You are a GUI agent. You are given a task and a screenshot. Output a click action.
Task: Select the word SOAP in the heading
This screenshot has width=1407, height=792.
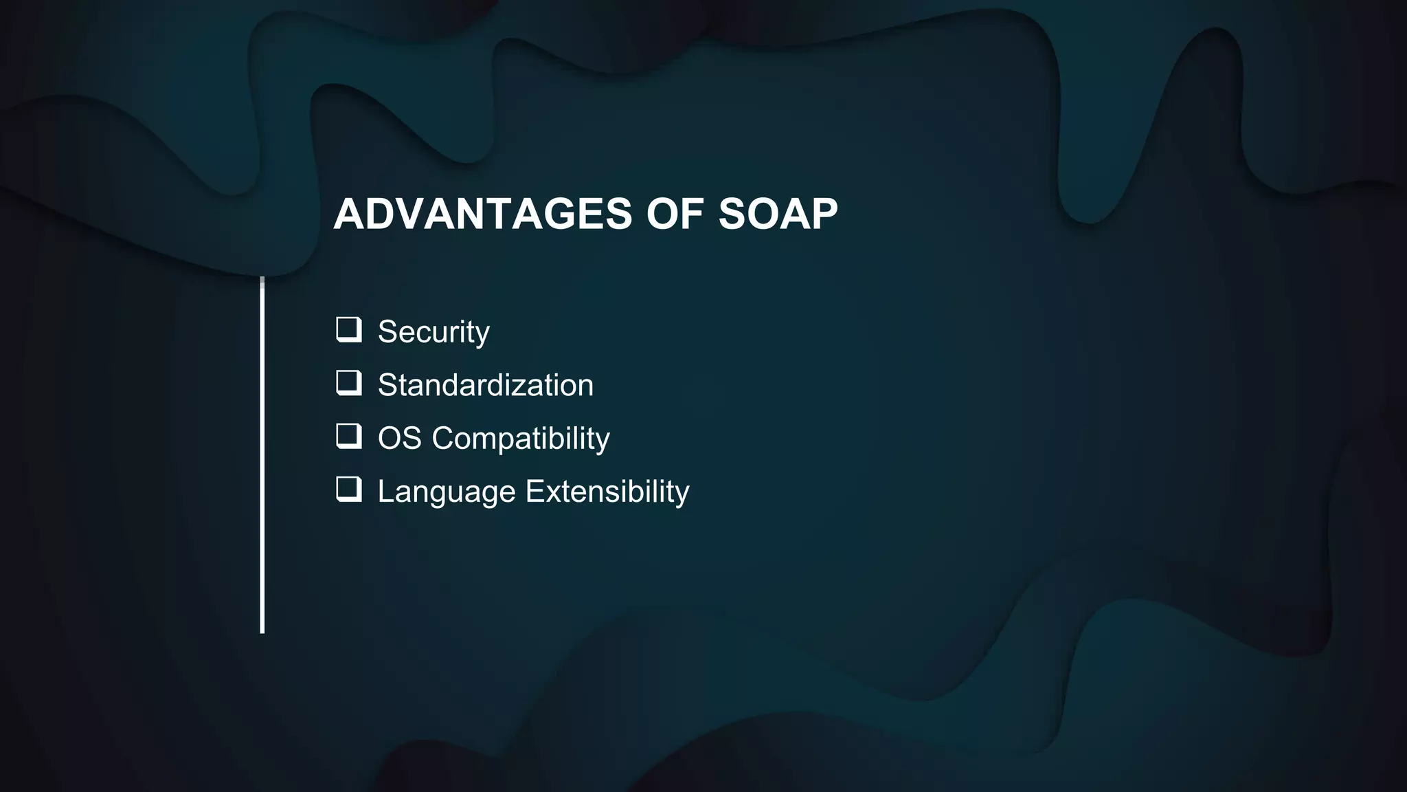(x=778, y=214)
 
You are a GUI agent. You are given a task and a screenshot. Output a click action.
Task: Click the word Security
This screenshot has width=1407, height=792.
(x=434, y=332)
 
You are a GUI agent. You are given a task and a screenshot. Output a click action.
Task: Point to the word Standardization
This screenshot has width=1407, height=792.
(x=485, y=385)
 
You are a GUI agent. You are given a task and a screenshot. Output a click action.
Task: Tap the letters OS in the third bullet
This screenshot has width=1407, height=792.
(x=399, y=439)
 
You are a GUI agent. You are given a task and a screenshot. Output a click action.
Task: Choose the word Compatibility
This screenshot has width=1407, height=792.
(x=520, y=439)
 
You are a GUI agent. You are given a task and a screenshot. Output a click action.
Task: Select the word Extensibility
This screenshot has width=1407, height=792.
(x=607, y=492)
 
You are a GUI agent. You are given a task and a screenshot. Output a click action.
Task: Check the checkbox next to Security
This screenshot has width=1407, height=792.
(x=348, y=329)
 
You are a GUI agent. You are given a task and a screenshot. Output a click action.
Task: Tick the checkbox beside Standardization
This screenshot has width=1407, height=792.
(x=348, y=382)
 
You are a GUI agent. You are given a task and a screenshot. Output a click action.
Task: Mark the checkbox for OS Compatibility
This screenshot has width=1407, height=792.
(x=348, y=436)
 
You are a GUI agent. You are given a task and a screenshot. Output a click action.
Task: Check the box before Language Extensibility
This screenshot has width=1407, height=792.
(x=348, y=489)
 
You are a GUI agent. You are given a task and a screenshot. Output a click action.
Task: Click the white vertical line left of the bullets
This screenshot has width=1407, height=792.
(x=262, y=454)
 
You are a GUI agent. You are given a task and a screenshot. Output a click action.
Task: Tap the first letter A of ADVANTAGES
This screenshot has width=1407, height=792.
(x=349, y=214)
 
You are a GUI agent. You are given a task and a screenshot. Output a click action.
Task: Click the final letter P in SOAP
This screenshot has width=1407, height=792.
(x=823, y=214)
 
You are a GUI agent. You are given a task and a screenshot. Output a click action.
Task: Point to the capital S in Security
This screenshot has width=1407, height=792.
(x=388, y=332)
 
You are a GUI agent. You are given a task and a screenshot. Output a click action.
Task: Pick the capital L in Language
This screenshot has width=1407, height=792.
(x=386, y=492)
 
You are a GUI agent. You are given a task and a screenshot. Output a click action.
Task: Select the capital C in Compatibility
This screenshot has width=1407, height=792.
(x=444, y=439)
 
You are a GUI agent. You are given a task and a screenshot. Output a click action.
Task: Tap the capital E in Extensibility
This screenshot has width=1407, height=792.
(x=534, y=492)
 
